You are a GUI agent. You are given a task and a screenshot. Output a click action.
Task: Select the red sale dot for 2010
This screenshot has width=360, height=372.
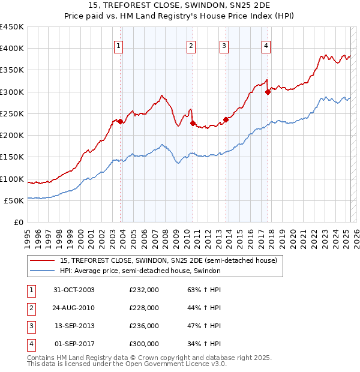tap(193, 123)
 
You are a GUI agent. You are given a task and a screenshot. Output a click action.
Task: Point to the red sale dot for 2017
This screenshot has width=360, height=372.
tap(268, 92)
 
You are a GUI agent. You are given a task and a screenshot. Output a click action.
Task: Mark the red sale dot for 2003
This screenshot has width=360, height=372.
tap(121, 121)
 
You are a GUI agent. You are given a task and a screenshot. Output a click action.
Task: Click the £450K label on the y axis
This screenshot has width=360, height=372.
tap(12, 27)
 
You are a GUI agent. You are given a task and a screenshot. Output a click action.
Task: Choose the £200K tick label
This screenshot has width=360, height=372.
tap(12, 135)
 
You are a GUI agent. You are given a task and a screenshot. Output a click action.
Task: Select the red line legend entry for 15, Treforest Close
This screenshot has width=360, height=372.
tap(168, 261)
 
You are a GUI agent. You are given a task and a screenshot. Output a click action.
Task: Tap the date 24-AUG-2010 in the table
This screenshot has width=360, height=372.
tap(74, 307)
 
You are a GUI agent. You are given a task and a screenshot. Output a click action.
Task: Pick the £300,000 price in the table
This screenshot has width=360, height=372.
tap(144, 344)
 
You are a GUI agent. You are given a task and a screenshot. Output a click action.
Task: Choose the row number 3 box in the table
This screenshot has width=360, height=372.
tap(31, 326)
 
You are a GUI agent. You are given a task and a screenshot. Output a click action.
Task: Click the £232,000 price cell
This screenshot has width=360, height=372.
tap(144, 289)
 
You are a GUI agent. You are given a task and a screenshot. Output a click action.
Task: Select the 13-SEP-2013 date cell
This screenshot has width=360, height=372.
tap(74, 326)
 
